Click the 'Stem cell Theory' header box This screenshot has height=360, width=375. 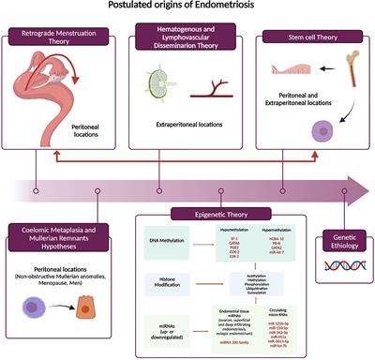[x=309, y=38]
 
